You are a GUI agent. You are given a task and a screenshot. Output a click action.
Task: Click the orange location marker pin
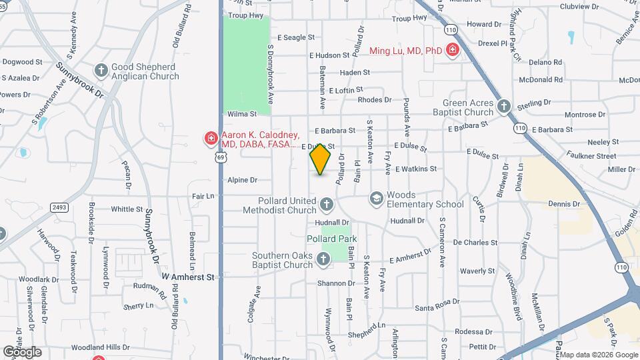(321, 159)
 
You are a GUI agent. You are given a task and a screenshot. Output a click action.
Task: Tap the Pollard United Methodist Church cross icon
(326, 204)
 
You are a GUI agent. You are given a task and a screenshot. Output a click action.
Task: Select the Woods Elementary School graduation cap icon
(376, 198)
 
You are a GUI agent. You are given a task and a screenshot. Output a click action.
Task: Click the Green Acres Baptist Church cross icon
(504, 106)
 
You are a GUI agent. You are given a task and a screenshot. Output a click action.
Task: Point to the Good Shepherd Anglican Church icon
(101, 70)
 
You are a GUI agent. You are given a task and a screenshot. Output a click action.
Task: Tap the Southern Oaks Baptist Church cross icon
(324, 259)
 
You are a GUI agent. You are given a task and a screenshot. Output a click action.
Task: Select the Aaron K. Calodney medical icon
(211, 139)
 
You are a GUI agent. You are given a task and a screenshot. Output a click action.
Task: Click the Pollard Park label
(332, 239)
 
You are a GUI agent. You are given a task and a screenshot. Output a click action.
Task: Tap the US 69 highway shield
(220, 156)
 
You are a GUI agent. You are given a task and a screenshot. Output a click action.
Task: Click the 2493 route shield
(59, 208)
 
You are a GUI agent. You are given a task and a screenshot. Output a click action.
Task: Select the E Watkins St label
(415, 169)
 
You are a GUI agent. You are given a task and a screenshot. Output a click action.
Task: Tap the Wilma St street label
(242, 114)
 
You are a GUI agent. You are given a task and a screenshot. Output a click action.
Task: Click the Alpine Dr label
(243, 180)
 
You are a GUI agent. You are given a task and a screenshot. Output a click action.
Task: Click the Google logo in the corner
(23, 352)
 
